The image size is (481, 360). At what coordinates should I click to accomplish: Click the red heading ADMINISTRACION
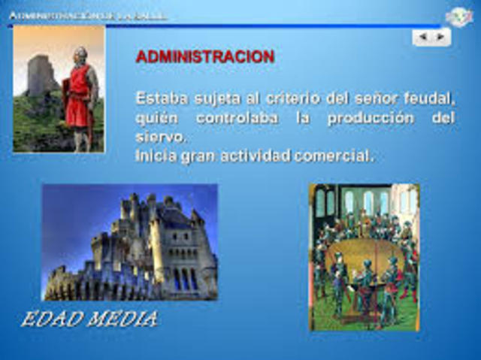point(204,57)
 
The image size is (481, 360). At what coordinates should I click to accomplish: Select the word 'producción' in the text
point(370,119)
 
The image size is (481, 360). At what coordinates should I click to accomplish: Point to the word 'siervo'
point(159,138)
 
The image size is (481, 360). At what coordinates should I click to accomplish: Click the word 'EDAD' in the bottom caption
point(51,319)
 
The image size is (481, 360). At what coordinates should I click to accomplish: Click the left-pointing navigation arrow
point(423,36)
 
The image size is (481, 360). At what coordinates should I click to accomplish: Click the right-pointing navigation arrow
point(440,36)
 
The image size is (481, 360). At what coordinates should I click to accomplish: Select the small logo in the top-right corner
point(458,16)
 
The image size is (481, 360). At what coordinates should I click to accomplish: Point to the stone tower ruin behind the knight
point(40,75)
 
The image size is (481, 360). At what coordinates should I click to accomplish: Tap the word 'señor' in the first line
point(372,98)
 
